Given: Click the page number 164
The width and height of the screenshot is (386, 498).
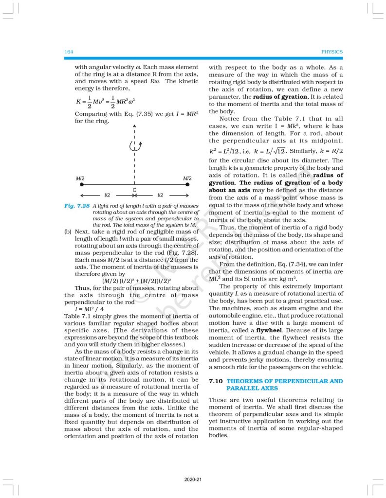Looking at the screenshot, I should tap(69, 52).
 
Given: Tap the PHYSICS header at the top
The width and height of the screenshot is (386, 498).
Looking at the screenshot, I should tap(332, 52).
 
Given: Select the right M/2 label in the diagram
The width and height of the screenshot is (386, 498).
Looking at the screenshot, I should tap(187, 178).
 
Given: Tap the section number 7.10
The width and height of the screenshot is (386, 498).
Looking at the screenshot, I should tap(215, 381).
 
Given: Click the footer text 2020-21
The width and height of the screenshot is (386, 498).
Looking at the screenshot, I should tap(193, 480).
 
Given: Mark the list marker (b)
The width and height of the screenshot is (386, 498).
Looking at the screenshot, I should tap(68, 232).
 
